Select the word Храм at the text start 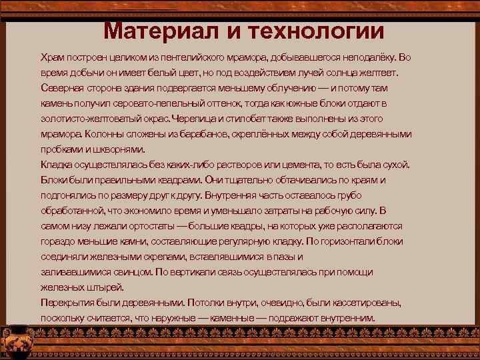[x=52, y=58]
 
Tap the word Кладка [x=55, y=165]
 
